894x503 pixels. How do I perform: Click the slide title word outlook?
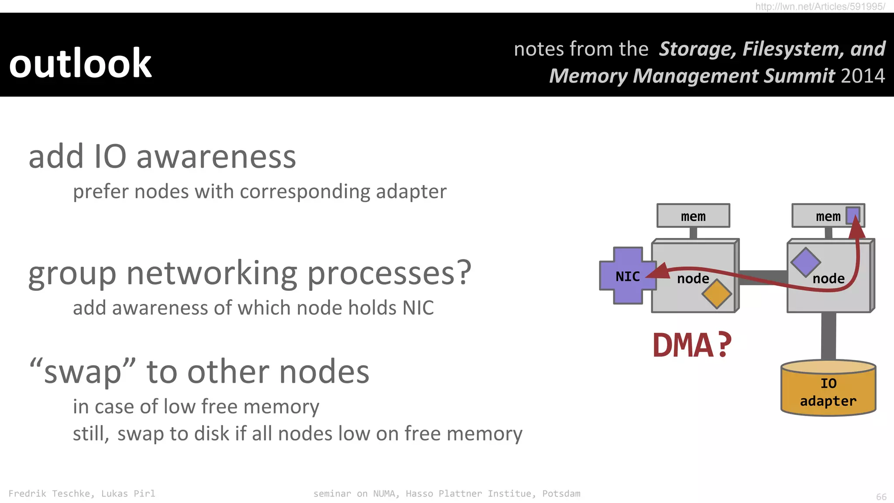point(80,64)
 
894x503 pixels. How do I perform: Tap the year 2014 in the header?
point(863,76)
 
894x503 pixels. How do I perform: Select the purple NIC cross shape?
point(627,276)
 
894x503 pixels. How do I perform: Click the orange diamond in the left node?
point(717,294)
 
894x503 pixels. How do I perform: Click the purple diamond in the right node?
point(805,262)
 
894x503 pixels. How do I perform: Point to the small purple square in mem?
point(853,215)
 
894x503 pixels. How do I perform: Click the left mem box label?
point(693,216)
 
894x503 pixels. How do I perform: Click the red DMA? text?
point(691,345)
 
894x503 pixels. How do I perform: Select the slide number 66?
point(881,497)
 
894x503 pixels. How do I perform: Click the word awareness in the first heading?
point(216,157)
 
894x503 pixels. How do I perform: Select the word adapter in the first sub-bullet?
point(411,192)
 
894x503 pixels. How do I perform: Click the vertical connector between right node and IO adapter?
point(828,336)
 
